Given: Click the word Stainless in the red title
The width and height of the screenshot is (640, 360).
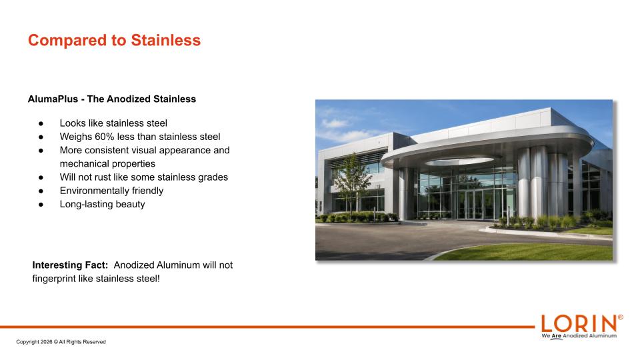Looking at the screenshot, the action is (x=166, y=40).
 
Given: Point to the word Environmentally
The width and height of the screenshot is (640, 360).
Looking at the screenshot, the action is (x=94, y=191).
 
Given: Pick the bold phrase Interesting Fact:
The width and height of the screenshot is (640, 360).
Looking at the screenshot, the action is (x=70, y=265).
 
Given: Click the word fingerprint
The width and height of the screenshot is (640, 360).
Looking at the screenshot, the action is (x=54, y=279).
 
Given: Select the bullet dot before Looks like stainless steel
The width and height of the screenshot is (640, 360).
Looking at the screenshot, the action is (x=41, y=124).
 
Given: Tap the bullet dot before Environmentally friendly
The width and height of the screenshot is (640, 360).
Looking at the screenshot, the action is (x=41, y=191).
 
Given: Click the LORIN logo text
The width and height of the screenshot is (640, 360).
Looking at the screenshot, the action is (x=579, y=324).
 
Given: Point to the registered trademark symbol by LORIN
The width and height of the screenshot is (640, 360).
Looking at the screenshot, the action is (x=621, y=317).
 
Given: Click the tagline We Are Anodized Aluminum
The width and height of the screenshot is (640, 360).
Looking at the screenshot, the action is (x=579, y=336).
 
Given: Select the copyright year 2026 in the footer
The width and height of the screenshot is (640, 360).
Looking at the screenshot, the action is (x=47, y=342).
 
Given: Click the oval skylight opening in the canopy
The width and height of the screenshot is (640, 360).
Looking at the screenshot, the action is (x=459, y=161).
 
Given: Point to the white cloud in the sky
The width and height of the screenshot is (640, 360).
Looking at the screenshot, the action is (x=335, y=123).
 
